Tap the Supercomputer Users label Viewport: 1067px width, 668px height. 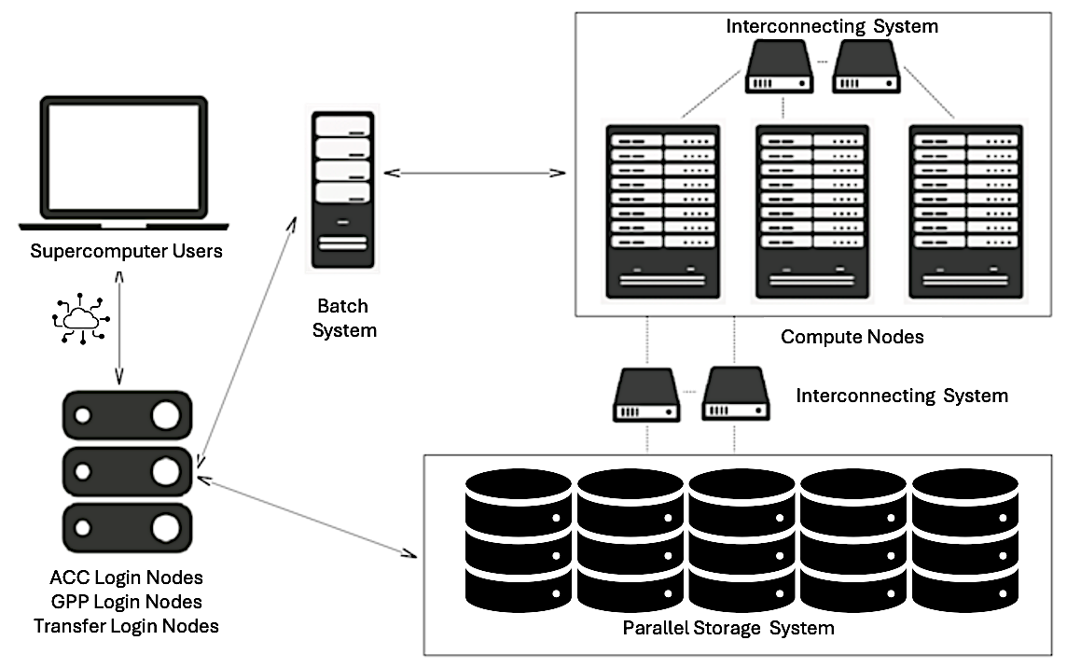126,251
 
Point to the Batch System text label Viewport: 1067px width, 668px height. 343,318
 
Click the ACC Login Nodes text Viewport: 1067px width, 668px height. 126,578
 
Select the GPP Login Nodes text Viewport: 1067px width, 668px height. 126,602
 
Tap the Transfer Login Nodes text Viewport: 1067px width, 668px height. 126,625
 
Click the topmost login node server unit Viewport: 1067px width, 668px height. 126,416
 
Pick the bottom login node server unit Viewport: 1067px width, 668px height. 126,528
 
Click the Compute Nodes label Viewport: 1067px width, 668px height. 852,337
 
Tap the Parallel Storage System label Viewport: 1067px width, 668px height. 727,628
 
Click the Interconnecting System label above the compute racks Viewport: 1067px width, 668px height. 831,27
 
